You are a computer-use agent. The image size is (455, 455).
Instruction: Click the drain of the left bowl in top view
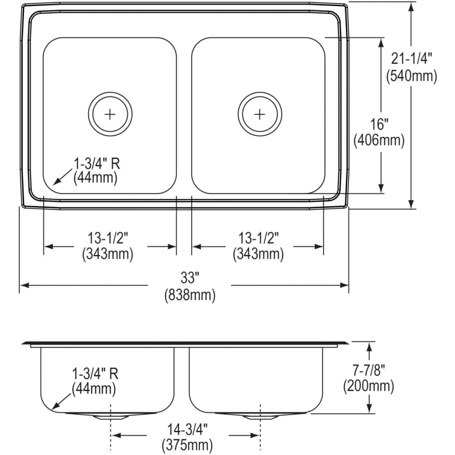110,114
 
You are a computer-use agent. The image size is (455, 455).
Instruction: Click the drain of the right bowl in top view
259,114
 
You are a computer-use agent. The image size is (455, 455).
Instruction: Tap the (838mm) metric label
190,295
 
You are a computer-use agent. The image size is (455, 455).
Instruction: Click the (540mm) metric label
411,76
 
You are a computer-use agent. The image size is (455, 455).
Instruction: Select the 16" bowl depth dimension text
379,123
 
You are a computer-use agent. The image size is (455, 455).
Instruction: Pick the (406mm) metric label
379,141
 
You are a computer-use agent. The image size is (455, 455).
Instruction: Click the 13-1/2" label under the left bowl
108,237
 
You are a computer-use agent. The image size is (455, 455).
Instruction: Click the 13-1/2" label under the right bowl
258,237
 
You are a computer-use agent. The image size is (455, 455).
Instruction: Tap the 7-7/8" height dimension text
368,370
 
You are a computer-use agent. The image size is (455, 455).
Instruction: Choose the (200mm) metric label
368,387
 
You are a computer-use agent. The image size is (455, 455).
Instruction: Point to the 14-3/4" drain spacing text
187,429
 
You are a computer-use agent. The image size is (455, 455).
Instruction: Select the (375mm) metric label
187,446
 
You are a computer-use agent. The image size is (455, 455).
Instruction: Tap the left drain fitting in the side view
110,416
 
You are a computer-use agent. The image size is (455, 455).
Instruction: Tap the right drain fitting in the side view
259,416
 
